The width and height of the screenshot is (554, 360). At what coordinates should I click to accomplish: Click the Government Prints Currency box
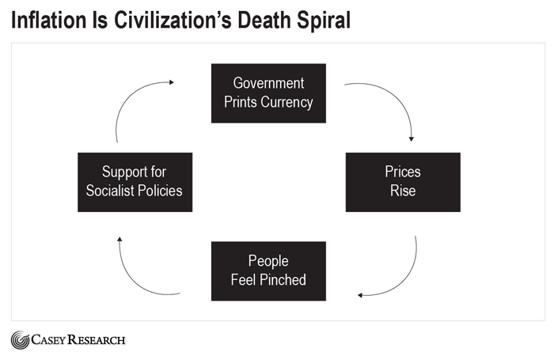[x=268, y=93]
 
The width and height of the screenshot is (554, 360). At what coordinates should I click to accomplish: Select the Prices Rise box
[x=403, y=182]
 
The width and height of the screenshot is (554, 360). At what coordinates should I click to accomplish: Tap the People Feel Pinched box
[x=268, y=271]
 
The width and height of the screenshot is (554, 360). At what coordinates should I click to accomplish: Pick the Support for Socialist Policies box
[x=135, y=182]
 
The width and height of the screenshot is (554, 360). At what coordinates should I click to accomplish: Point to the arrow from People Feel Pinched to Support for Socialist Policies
[x=135, y=273]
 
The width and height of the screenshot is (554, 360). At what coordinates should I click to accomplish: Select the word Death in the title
[x=257, y=21]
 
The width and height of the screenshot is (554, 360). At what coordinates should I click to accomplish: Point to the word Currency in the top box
[x=288, y=101]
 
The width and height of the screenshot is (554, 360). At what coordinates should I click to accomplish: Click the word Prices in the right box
[x=403, y=172]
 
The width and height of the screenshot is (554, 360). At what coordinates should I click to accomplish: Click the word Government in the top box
[x=268, y=84]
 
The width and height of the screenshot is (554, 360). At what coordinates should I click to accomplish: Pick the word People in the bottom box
[x=268, y=262]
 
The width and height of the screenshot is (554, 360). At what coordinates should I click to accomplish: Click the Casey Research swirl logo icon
[x=20, y=340]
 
